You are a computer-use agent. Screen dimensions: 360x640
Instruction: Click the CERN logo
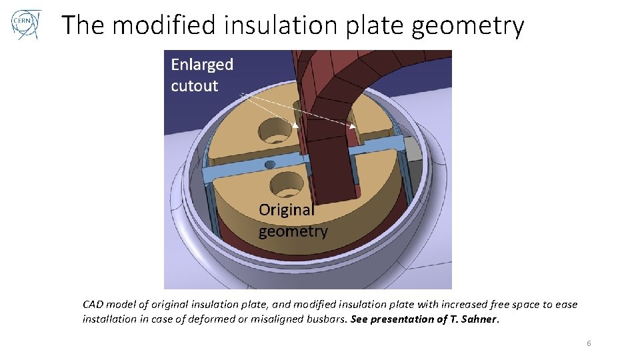(26, 25)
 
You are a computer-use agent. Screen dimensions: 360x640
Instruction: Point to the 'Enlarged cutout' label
(201, 75)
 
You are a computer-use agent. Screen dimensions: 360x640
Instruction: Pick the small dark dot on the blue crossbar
(269, 164)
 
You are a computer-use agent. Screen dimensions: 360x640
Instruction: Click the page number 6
(589, 343)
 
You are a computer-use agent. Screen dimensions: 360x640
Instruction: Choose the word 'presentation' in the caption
(403, 319)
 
